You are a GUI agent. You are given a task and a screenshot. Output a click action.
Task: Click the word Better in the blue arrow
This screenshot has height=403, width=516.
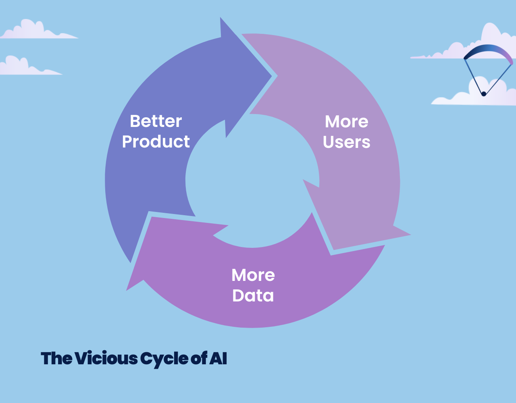pyautogui.click(x=156, y=121)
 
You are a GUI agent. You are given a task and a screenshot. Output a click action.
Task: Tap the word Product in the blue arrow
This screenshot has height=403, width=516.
pyautogui.click(x=156, y=141)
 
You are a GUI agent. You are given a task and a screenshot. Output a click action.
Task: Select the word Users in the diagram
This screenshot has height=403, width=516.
pyautogui.click(x=346, y=142)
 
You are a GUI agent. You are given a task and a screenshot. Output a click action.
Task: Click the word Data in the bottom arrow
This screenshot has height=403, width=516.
pyautogui.click(x=253, y=295)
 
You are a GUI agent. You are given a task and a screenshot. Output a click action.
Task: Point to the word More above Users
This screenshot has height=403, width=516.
pyautogui.click(x=346, y=122)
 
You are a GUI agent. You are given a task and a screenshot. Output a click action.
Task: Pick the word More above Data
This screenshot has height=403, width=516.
pyautogui.click(x=253, y=275)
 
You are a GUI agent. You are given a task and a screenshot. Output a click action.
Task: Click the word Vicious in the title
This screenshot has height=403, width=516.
pyautogui.click(x=106, y=358)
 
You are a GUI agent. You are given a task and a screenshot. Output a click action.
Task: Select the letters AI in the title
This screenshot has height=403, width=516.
pyautogui.click(x=218, y=358)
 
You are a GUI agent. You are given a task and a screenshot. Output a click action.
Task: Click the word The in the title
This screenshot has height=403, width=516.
pyautogui.click(x=56, y=358)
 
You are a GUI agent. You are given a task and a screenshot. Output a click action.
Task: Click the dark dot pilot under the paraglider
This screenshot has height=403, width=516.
pyautogui.click(x=484, y=94)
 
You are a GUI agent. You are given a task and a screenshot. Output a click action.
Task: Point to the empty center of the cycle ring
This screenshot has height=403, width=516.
pyautogui.click(x=252, y=181)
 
